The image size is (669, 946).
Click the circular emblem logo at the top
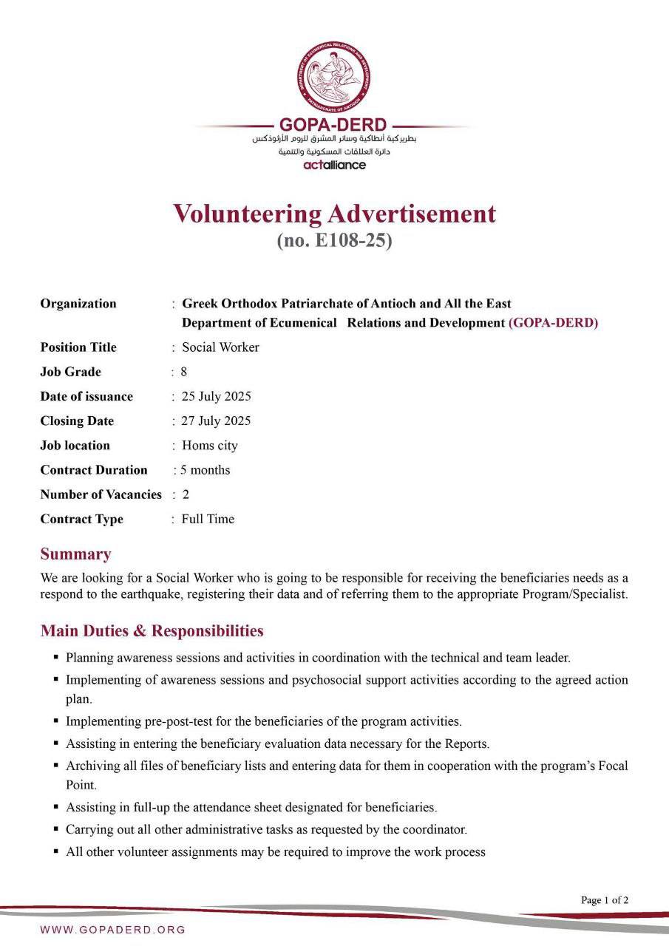334,75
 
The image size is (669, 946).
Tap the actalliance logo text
334,165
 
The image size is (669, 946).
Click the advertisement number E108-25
334,240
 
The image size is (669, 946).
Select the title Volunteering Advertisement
334,214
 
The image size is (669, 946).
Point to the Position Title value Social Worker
220,347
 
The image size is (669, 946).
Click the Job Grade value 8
184,372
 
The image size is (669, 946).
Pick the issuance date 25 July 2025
216,396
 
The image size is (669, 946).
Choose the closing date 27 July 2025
216,421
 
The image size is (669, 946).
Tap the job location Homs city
209,446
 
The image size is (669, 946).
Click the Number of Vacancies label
101,494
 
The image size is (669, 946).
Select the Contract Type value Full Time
208,519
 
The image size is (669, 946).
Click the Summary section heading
75,554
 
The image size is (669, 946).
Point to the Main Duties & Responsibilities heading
152,630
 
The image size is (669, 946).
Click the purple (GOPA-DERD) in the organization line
553,323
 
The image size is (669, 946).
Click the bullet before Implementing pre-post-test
56,721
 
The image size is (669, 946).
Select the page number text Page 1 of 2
605,900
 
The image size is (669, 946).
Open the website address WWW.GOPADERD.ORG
113,929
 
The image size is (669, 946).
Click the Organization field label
78,304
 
